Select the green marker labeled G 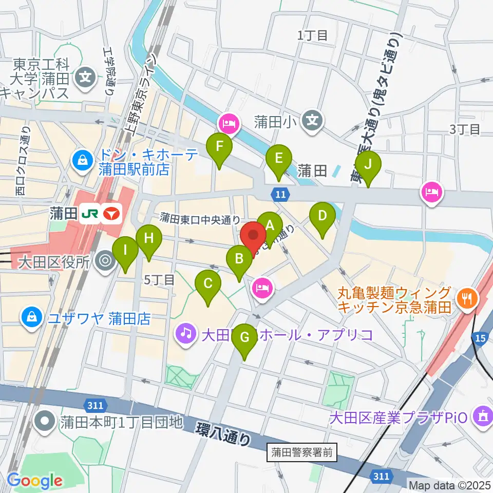pos(244,337)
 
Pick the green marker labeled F pos(219,147)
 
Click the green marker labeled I pos(125,250)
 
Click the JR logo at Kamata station pos(90,214)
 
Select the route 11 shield pos(280,194)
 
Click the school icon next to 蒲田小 pos(312,121)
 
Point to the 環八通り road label pos(224,432)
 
